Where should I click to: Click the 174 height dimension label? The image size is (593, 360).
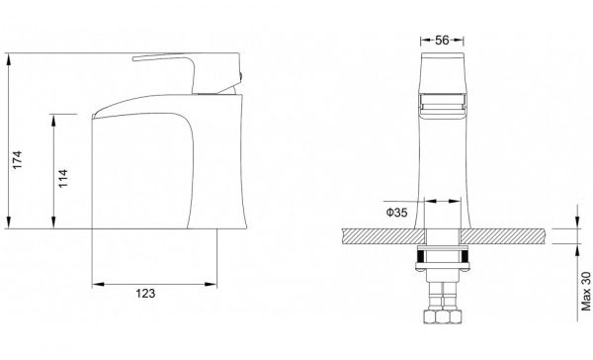pyautogui.click(x=18, y=160)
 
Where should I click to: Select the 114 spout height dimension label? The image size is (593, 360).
pyautogui.click(x=63, y=178)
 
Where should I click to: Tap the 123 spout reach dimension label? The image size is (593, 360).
pyautogui.click(x=145, y=294)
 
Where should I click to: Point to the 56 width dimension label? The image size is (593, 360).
pyautogui.click(x=442, y=41)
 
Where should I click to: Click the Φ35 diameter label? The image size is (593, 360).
pyautogui.click(x=396, y=213)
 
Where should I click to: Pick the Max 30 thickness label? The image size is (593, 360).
pyautogui.click(x=586, y=291)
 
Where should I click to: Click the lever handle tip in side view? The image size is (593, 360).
pyautogui.click(x=133, y=58)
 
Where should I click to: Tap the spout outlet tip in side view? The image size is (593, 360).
pyautogui.click(x=93, y=117)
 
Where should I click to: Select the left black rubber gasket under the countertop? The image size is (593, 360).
pyautogui.click(x=419, y=257)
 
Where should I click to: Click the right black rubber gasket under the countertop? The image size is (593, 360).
pyautogui.click(x=466, y=257)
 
